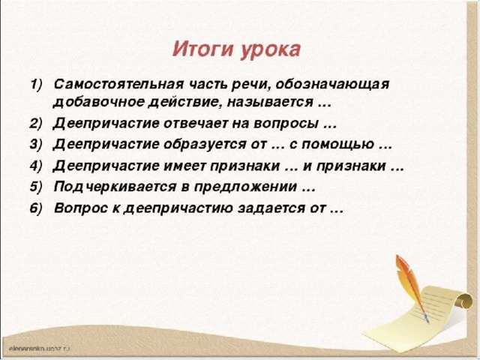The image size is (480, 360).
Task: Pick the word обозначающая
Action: [x=332, y=85]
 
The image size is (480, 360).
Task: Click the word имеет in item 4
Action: [x=185, y=166]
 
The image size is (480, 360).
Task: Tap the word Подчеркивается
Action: [x=115, y=187]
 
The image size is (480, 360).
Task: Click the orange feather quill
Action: [x=410, y=288]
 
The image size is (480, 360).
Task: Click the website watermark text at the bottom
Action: [x=40, y=348]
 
